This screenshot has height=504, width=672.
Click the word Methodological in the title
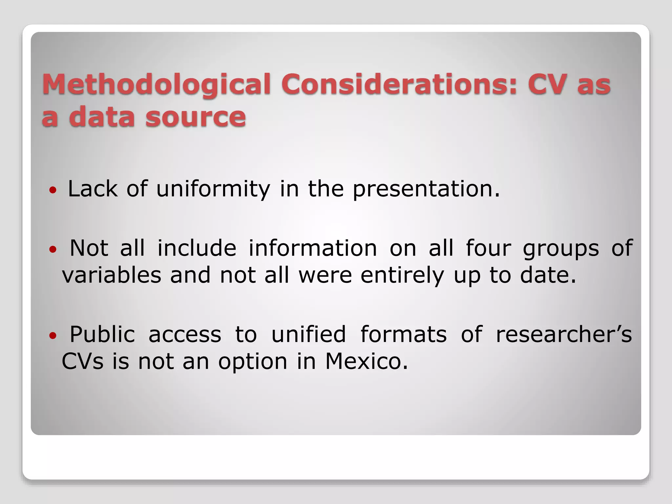[x=156, y=85]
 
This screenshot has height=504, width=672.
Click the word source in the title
[x=196, y=117]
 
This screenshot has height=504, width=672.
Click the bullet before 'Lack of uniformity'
[x=52, y=190]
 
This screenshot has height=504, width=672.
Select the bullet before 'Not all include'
[x=52, y=250]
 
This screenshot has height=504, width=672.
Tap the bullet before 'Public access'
[x=52, y=336]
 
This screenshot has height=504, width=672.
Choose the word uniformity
[x=213, y=190]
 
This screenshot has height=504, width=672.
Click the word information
[x=313, y=248]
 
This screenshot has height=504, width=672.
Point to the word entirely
[x=402, y=276]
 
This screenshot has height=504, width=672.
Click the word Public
[x=102, y=334]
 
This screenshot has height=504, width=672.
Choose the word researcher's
[x=563, y=334]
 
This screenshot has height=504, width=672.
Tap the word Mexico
[x=367, y=361]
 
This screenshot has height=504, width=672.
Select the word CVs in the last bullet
[x=82, y=361]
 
